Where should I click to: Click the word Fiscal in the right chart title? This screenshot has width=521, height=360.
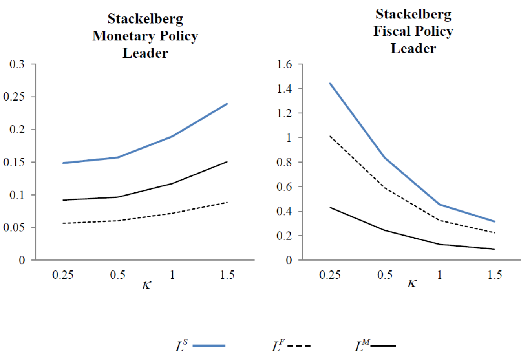(393, 31)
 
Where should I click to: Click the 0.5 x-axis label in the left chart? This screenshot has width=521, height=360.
(117, 274)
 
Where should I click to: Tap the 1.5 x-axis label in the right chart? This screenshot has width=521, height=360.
(494, 274)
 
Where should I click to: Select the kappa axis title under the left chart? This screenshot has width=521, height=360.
(146, 284)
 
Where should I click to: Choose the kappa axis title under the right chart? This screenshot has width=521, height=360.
(411, 283)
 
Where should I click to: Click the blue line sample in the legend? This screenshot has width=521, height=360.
(209, 346)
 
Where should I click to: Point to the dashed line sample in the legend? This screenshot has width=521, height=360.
(299, 346)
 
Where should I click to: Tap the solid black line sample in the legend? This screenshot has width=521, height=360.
(383, 346)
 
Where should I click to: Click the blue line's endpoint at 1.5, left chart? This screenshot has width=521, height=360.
(227, 104)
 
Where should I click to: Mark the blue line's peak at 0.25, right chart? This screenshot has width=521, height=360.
(330, 83)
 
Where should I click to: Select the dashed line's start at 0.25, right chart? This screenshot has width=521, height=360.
(330, 136)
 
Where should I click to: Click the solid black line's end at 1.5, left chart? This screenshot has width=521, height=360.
(227, 161)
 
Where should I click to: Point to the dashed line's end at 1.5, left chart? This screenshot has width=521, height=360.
(227, 202)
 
